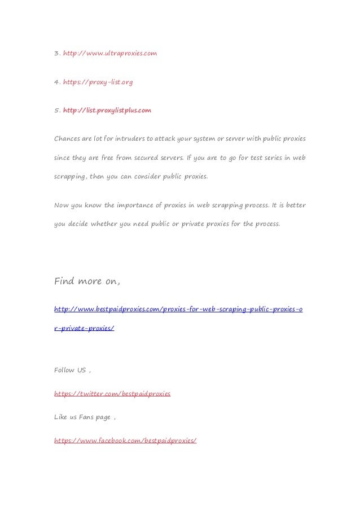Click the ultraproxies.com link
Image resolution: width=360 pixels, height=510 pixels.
109,54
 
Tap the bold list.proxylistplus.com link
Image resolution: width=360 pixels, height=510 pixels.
107,111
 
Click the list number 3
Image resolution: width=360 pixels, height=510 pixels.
56,54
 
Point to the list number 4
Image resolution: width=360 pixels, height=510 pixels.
56,82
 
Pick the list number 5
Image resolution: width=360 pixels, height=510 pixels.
56,111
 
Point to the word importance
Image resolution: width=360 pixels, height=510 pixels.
140,205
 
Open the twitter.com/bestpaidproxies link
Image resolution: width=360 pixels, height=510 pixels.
112,393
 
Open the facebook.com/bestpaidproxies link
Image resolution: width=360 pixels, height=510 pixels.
125,440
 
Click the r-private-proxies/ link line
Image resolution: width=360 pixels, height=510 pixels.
84,328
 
